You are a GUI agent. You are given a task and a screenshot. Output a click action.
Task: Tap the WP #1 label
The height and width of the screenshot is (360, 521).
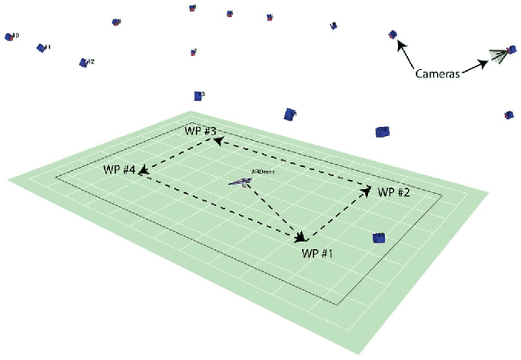[318, 252]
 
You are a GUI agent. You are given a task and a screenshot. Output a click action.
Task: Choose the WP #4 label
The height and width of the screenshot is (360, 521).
[119, 169]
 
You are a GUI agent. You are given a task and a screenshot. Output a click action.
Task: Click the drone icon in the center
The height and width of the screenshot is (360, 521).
[239, 182]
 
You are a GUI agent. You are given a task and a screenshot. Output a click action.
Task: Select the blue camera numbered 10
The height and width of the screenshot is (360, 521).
[11, 37]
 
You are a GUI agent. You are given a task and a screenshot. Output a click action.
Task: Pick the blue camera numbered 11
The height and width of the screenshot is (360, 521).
[41, 48]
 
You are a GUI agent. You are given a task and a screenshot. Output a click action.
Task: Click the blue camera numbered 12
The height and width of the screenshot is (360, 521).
[84, 62]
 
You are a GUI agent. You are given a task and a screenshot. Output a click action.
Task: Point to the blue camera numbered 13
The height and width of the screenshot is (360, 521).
[198, 95]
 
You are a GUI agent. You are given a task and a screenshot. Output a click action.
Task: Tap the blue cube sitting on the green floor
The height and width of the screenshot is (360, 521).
[379, 237]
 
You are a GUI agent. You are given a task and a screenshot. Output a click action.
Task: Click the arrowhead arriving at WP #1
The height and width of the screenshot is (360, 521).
[300, 236]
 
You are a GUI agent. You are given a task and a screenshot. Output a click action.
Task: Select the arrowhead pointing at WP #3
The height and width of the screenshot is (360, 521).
[218, 140]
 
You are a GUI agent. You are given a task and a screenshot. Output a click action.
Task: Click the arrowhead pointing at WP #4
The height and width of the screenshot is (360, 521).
[142, 171]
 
